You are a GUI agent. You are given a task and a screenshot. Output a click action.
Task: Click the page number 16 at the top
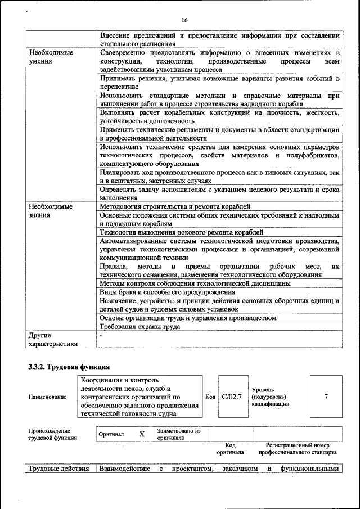184,20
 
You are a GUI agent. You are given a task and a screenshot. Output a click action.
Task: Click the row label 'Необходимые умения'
51,56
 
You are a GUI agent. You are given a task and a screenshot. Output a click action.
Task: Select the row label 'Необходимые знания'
51,211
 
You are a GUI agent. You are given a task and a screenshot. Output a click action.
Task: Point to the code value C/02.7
232,397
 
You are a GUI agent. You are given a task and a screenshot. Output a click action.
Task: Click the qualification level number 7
326,397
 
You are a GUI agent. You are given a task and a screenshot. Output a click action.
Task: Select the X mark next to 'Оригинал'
142,434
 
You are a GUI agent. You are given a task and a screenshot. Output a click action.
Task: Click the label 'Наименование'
47,397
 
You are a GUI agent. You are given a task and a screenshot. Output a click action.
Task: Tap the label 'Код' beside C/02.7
210,397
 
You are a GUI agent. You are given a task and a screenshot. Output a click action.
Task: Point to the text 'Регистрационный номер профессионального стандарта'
298,448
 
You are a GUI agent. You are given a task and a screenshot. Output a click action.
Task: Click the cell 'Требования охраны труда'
139,326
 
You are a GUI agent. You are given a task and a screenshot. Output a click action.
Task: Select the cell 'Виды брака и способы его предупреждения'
167,292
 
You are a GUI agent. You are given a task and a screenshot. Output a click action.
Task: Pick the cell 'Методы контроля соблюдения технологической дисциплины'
195,283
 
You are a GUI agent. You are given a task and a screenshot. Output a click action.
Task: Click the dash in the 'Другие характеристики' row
101,335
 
